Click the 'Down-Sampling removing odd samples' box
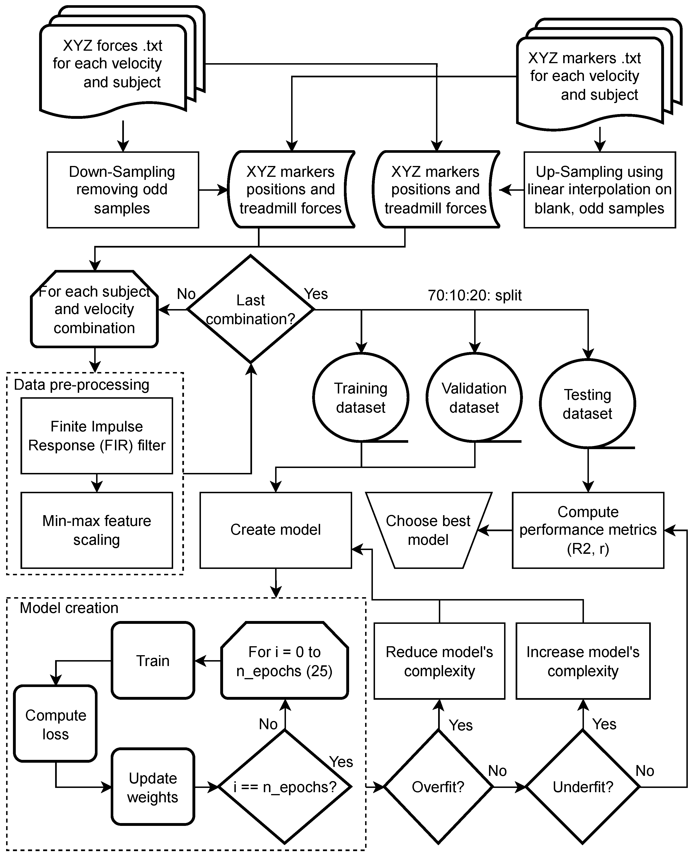click(x=122, y=190)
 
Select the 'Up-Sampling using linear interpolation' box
click(x=599, y=190)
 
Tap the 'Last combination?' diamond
click(x=251, y=309)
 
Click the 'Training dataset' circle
click(x=361, y=398)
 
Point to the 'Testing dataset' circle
click(x=587, y=404)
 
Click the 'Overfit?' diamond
click(x=438, y=787)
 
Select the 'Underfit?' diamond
click(x=583, y=787)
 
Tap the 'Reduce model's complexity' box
click(x=439, y=661)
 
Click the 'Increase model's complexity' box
click(x=583, y=661)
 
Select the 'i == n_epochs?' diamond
click(x=285, y=787)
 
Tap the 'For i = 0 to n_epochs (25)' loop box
click(x=284, y=661)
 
